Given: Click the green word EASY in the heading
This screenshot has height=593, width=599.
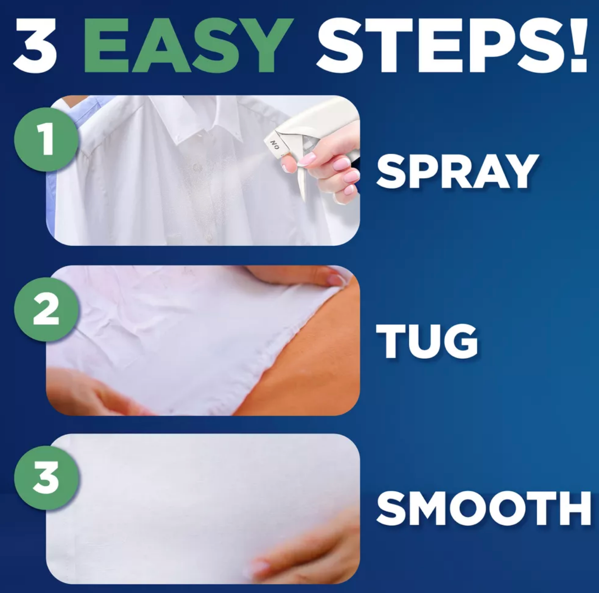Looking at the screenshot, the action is coord(188,46).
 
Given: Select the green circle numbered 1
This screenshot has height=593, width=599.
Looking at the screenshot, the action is coord(46,139).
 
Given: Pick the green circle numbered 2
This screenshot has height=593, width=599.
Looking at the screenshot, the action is coord(46,309).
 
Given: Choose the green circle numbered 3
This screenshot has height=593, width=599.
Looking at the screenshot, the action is coord(46,478).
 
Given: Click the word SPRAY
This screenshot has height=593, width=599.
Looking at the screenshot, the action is coord(457,172).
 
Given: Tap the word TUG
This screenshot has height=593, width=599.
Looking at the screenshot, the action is coord(427,341).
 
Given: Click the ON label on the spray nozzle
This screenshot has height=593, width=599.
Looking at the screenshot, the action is coord(275,145).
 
